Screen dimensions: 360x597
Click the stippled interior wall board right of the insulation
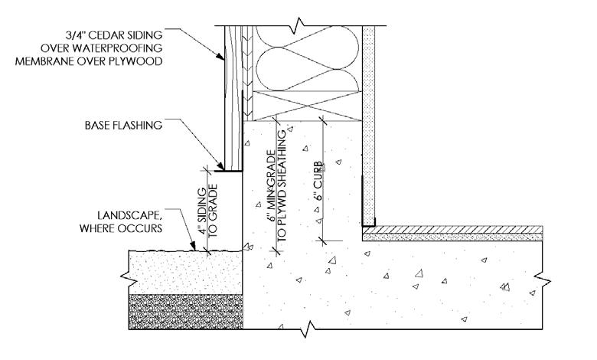367,123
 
